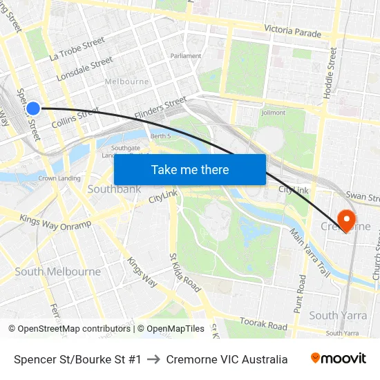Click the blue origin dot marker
coord(33,108)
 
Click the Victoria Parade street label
coord(292,32)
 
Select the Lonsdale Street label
coord(85,69)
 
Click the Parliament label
coord(186,56)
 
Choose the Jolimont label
coord(274,113)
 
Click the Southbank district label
coord(114,189)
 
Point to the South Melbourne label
coord(58,272)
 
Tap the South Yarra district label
coord(333,316)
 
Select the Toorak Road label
coord(263,323)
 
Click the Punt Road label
coord(301,294)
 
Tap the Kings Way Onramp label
coord(55,222)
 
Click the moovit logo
coord(338,359)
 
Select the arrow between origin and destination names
coord(153,359)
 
